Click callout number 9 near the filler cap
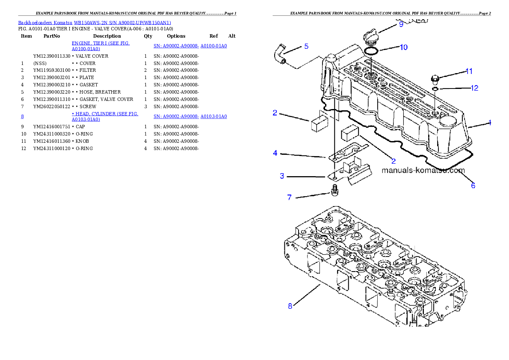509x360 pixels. [401, 24]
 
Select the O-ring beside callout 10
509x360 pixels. [371, 51]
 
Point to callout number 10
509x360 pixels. [403, 47]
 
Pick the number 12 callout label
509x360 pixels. [474, 88]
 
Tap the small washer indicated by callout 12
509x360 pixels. [435, 89]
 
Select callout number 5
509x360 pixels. [306, 46]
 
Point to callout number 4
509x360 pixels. [275, 153]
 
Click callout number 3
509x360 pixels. [282, 176]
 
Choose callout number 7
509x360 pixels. [290, 197]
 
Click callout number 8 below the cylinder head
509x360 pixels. [290, 306]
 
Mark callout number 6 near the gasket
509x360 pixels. [473, 186]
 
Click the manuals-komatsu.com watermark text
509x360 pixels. [423, 170]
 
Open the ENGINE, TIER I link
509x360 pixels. [101, 46]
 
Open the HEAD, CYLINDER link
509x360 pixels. [104, 117]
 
